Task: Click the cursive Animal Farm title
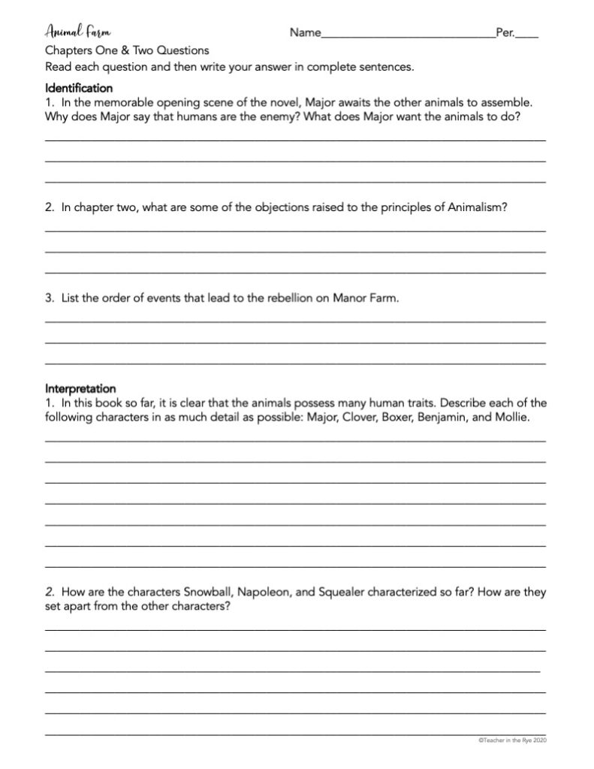coord(77,33)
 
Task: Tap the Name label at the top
coord(305,33)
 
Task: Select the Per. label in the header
coord(505,33)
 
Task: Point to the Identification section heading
coord(79,87)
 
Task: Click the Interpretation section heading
coord(80,389)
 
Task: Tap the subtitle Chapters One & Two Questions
coord(127,50)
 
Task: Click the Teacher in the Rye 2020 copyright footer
coord(512,740)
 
